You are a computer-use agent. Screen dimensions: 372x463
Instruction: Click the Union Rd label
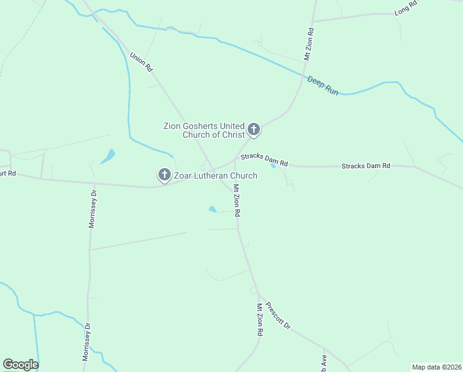pos(141,61)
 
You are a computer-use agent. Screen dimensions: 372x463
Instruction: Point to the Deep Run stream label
pos(323,86)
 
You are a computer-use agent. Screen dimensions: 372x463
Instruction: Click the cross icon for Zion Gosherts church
pos(253,130)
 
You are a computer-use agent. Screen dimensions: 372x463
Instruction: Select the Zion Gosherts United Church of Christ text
pos(204,130)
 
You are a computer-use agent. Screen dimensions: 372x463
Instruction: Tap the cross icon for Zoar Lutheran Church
pos(165,175)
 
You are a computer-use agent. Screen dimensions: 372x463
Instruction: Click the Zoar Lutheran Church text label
pos(215,176)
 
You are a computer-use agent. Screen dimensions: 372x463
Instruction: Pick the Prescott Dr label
pos(277,315)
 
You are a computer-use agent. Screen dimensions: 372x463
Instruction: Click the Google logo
pos(20,365)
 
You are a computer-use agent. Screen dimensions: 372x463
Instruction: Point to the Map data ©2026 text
pos(437,366)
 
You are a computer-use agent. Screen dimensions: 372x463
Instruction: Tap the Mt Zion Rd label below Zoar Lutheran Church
pos(236,200)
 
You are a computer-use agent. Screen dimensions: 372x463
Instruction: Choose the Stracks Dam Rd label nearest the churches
pos(264,159)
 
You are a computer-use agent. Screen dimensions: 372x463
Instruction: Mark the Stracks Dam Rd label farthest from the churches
pos(366,166)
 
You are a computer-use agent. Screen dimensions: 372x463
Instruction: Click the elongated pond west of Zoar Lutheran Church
pos(108,156)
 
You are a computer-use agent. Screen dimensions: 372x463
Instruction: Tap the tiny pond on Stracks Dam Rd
pos(272,165)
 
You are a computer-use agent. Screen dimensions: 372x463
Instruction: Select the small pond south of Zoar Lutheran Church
pos(212,210)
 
